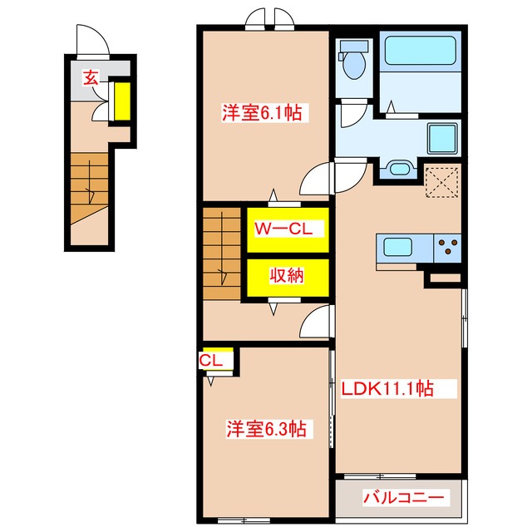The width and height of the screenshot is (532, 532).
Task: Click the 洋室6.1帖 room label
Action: coord(262,113)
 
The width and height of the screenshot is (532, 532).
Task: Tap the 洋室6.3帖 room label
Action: coord(266,429)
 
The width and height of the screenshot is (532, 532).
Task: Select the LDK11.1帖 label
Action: coord(387,388)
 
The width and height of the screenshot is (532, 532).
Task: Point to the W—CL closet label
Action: coord(283,229)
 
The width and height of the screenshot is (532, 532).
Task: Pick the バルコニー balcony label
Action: coord(404,498)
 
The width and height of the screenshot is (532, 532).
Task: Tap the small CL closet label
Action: coord(210,361)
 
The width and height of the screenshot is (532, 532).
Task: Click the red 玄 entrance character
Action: coord(91,77)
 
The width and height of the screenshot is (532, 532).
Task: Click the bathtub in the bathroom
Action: coord(420,50)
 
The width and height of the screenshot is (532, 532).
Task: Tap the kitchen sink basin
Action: coord(397,247)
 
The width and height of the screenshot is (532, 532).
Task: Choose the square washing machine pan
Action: coord(442,139)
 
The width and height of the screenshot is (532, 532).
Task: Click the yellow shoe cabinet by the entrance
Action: coord(122,101)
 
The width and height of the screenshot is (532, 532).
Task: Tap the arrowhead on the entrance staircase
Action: coord(91,196)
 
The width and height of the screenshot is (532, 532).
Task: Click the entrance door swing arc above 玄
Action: coord(93,38)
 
